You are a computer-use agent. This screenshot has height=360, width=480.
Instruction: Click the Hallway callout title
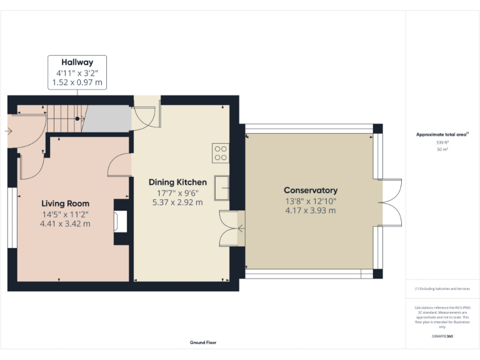pyautogui.click(x=77, y=62)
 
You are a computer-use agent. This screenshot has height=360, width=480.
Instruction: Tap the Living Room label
pyautogui.click(x=65, y=203)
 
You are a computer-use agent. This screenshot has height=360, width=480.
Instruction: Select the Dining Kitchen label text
pyautogui.click(x=177, y=182)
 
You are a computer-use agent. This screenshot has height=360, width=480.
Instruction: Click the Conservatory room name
pyautogui.click(x=310, y=190)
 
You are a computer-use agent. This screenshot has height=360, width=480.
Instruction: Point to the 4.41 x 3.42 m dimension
pyautogui.click(x=65, y=224)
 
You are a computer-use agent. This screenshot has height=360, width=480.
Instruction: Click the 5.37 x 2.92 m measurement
pyautogui.click(x=177, y=202)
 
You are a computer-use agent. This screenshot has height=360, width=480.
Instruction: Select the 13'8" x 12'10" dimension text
pyautogui.click(x=310, y=201)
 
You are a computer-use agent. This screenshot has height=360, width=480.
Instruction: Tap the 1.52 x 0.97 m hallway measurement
pyautogui.click(x=77, y=82)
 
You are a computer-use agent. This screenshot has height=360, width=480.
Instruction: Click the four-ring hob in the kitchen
pyautogui.click(x=221, y=153)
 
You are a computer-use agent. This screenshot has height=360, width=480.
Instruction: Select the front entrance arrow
pyautogui.click(x=7, y=131)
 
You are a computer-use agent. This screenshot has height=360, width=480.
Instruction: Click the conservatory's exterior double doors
pyautogui.click(x=390, y=202)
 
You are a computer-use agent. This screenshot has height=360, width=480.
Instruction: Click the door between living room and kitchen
pyautogui.click(x=121, y=165)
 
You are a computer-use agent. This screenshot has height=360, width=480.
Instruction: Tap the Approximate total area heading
pyautogui.click(x=442, y=134)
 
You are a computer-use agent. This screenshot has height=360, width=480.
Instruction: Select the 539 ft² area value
pyautogui.click(x=442, y=142)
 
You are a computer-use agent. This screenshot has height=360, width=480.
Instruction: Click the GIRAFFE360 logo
pyautogui.click(x=442, y=336)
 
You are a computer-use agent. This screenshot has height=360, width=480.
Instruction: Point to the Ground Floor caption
pyautogui.click(x=203, y=342)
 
